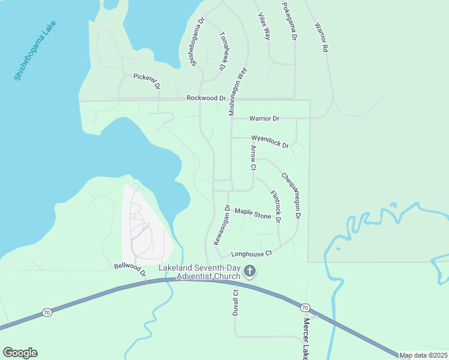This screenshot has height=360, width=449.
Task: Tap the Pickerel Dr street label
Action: point(147,81)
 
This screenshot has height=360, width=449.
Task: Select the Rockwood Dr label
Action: point(206,98)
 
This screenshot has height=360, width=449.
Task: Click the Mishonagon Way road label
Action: point(238,91)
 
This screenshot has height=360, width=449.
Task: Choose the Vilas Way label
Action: point(264,26)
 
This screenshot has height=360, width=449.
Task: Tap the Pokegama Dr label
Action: point(290,20)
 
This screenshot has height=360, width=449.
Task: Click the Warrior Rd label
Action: point(322,37)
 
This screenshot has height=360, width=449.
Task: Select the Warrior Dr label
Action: point(264,118)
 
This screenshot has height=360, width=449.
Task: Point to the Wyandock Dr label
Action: point(270,142)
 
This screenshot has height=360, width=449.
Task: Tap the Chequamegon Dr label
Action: point(291,195)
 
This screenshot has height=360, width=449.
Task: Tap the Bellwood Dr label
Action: point(130,269)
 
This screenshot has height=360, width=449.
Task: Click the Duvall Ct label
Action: point(236,303)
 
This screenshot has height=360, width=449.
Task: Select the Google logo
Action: point(20,353)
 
